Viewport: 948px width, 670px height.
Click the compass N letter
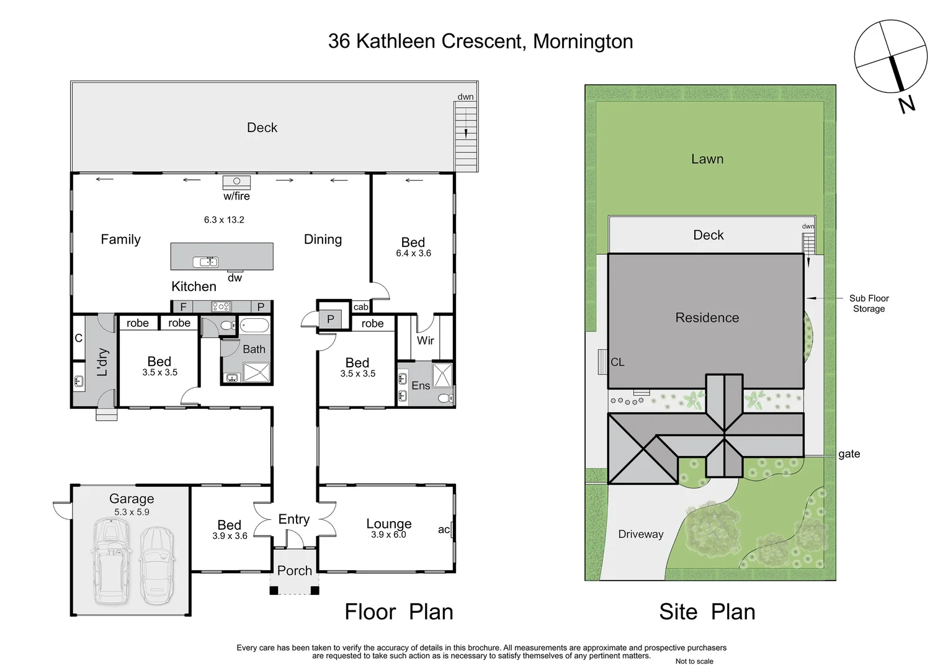906,104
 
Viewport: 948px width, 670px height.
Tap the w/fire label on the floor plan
236,196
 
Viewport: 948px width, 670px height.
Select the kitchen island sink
205,262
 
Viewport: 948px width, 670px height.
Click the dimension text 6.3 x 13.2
224,220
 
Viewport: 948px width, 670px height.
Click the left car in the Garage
111,562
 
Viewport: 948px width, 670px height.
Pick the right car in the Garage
156,565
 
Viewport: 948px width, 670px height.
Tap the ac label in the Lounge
444,529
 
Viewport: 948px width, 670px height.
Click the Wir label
425,341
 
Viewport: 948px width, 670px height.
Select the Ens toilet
445,398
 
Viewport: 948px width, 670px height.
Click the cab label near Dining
360,306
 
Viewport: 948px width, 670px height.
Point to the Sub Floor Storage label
869,303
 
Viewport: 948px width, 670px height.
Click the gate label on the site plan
849,454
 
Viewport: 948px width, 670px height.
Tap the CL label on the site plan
617,362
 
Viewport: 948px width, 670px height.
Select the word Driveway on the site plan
640,534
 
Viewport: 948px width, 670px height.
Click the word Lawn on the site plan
707,159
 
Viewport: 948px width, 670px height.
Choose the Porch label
294,571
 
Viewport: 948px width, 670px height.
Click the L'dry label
102,362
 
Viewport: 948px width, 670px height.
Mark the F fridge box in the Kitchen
183,306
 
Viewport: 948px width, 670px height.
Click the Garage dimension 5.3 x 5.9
132,512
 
